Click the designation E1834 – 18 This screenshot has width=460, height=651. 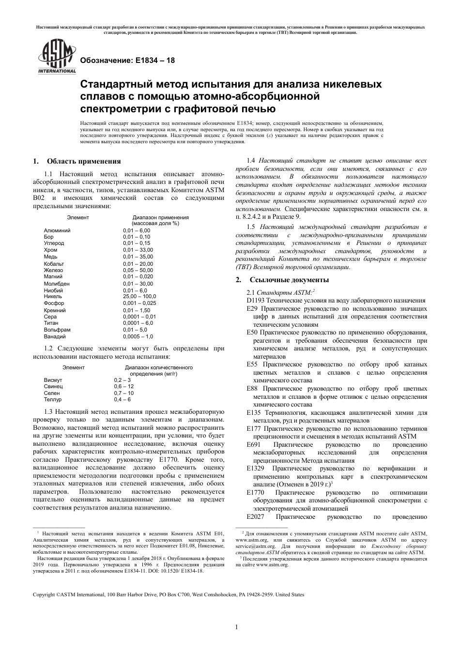click(x=127, y=61)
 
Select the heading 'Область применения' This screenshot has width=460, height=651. click(x=83, y=161)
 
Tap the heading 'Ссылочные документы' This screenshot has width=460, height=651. click(x=289, y=280)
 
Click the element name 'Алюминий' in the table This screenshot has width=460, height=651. click(x=57, y=230)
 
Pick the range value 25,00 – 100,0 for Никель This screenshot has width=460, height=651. click(x=139, y=296)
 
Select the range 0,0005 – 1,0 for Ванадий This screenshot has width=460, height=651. click(x=138, y=336)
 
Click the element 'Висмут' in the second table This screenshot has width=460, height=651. click(x=53, y=380)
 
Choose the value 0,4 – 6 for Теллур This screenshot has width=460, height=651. click(x=122, y=399)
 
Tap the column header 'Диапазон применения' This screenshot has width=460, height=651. click(x=160, y=217)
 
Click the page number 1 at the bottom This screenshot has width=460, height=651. click(x=237, y=628)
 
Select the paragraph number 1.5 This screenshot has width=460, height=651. click(x=251, y=227)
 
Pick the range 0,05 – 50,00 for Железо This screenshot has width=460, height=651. click(x=138, y=270)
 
